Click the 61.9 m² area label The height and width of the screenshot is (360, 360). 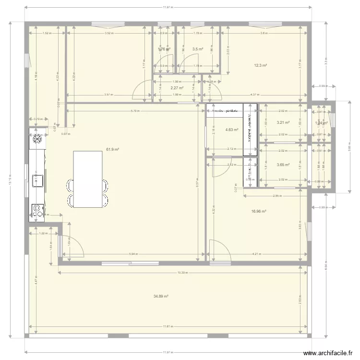pyautogui.click(x=113, y=149)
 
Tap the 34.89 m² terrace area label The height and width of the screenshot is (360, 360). pyautogui.click(x=160, y=297)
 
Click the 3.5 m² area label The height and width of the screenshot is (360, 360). pyautogui.click(x=197, y=49)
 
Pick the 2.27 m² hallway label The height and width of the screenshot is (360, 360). pyautogui.click(x=177, y=88)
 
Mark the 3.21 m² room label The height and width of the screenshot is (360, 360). pyautogui.click(x=283, y=122)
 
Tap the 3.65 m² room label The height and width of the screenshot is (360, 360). pyautogui.click(x=283, y=165)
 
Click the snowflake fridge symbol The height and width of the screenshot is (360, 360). pyautogui.click(x=37, y=140)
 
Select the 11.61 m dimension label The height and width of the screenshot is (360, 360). pyautogui.click(x=167, y=326)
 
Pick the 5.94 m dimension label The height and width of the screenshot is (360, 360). pyautogui.click(x=133, y=254)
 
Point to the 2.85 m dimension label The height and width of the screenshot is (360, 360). pyautogui.click(x=276, y=196)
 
